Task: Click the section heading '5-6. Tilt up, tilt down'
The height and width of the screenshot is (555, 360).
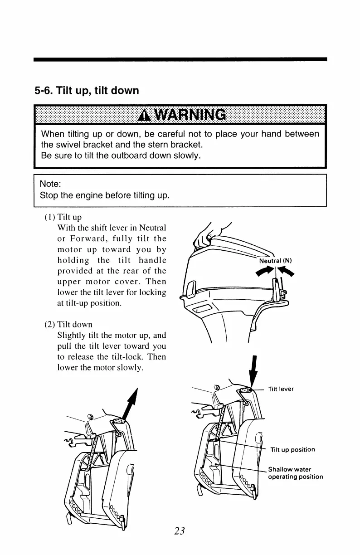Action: click(x=87, y=91)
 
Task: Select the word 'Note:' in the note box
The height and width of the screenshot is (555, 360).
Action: click(x=50, y=184)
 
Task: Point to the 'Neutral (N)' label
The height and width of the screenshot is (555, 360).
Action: click(x=275, y=261)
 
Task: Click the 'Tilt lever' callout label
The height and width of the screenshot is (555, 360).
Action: click(x=281, y=389)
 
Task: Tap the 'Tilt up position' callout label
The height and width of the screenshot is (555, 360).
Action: click(x=292, y=450)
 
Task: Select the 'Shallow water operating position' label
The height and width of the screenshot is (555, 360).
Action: click(x=295, y=473)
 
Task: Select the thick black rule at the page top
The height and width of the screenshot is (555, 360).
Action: click(x=180, y=59)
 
